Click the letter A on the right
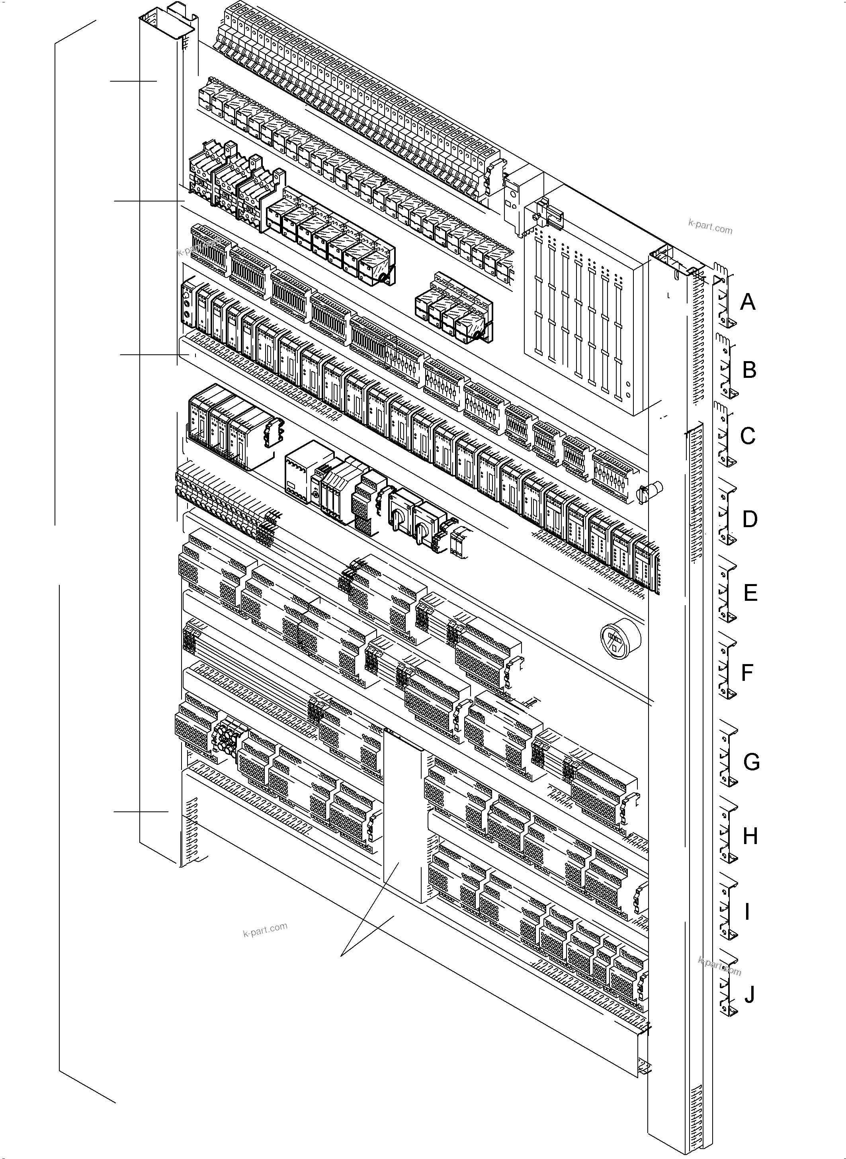[x=748, y=302]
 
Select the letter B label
[x=749, y=370]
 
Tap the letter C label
[x=748, y=436]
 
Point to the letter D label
[x=750, y=519]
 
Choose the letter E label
[x=750, y=593]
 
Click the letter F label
[x=748, y=672]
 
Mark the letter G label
[x=751, y=762]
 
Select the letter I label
[x=747, y=912]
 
